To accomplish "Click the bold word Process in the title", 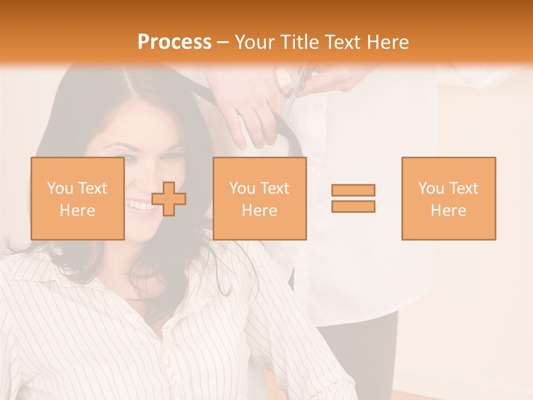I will [x=174, y=42].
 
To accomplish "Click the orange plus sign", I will [x=169, y=199].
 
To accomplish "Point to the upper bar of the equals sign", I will [x=353, y=190].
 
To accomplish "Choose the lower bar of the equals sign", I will [x=353, y=206].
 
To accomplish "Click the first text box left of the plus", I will [x=77, y=198].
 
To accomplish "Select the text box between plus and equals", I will [x=259, y=198].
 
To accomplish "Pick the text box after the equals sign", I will [x=448, y=198].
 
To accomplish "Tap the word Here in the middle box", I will [x=259, y=211].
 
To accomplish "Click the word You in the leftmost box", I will [x=60, y=188].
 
